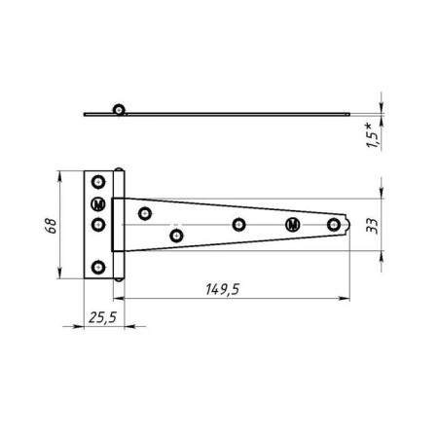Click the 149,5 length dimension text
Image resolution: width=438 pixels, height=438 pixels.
point(223,289)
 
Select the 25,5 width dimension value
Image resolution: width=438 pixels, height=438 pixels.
point(102,317)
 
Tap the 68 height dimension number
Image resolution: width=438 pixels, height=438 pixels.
point(51,226)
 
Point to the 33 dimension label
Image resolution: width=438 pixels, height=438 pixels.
point(372,226)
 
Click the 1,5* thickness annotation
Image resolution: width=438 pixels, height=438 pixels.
point(373,135)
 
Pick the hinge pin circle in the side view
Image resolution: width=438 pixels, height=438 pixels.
point(119,110)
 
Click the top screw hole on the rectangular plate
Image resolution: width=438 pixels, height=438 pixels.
point(98,182)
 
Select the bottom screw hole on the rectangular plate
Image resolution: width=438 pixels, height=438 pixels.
point(98,268)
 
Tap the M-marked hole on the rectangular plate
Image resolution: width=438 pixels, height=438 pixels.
point(98,204)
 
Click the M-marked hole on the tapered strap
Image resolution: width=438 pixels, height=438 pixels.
point(293,225)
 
